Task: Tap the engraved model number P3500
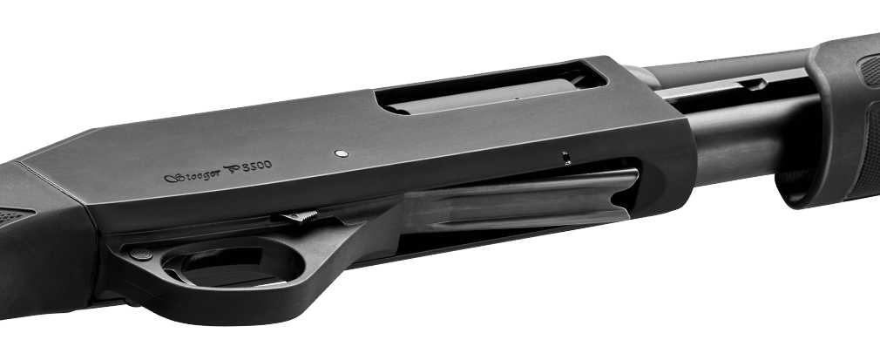(248, 166)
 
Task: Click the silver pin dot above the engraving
(341, 153)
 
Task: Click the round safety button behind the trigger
(141, 254)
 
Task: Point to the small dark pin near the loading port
(566, 158)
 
